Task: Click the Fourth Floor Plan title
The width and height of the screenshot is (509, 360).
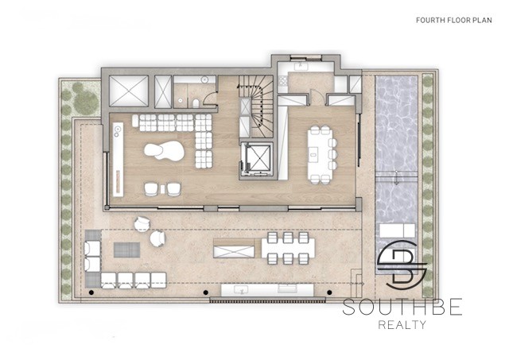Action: point(454,20)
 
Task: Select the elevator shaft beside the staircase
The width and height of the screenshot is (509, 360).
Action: point(258,161)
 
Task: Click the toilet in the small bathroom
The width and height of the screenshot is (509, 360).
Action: point(196,103)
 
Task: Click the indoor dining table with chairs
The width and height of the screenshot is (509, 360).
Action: point(322,155)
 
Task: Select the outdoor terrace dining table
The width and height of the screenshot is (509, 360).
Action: point(288,248)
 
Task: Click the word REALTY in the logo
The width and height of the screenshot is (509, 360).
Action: point(402,325)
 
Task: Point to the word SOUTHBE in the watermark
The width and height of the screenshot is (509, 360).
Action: point(402,307)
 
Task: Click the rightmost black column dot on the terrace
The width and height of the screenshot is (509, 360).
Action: point(329,292)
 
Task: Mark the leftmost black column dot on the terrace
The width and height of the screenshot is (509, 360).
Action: point(91,292)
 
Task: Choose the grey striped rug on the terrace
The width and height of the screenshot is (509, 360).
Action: point(127,250)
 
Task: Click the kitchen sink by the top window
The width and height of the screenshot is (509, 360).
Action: point(301,67)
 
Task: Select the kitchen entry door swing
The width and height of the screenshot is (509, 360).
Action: point(317,96)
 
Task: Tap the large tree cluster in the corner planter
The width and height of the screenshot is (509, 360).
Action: point(83,98)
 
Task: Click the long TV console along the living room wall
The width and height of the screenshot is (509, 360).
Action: point(119,159)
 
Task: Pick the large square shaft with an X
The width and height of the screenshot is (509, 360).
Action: point(129,91)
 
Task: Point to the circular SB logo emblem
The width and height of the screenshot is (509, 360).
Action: point(402,262)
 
